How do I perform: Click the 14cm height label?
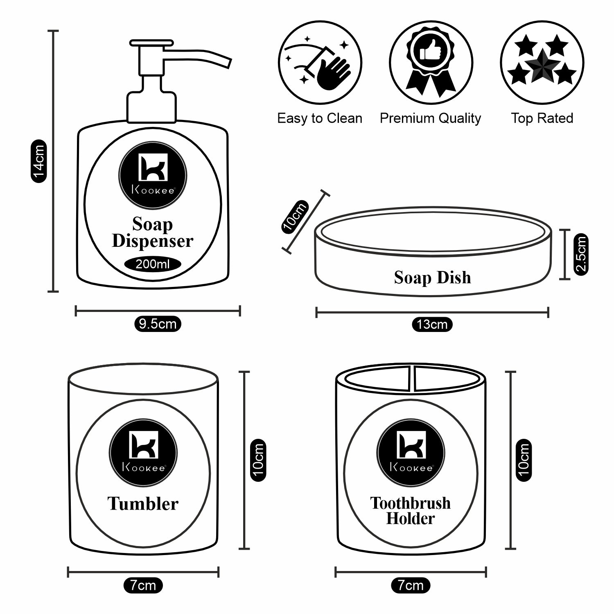click(x=39, y=161)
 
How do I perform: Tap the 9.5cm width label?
click(x=158, y=324)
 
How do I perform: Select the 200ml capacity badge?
click(x=153, y=264)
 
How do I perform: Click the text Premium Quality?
click(x=430, y=118)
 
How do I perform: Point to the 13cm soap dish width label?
click(x=432, y=325)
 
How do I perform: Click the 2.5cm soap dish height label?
click(x=581, y=254)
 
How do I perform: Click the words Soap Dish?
click(x=432, y=278)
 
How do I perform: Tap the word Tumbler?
click(x=143, y=503)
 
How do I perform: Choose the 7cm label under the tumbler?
click(x=143, y=586)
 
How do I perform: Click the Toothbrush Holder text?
click(x=410, y=511)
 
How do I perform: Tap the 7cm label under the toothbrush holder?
click(x=411, y=586)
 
